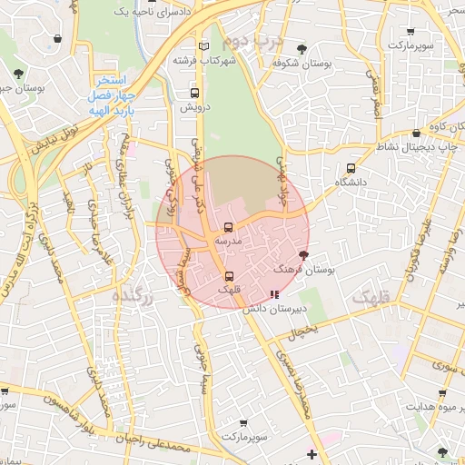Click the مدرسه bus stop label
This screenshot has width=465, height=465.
[227, 242]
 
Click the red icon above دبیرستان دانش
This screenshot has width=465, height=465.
[274, 294]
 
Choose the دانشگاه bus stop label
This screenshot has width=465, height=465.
[353, 183]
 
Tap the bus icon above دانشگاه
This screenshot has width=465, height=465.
[351, 168]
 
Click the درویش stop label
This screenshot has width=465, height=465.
[194, 107]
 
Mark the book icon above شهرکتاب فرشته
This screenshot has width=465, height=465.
[203, 45]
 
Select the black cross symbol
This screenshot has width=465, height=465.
[312, 453]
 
